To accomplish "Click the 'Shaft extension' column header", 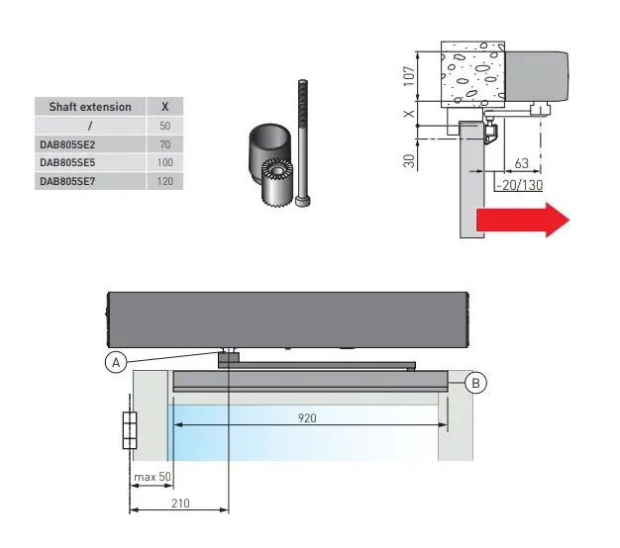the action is pyautogui.click(x=90, y=107).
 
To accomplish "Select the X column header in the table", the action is pyautogui.click(x=164, y=107).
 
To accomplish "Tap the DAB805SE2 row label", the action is pyautogui.click(x=67, y=144).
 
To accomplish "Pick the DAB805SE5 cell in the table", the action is pyautogui.click(x=67, y=162).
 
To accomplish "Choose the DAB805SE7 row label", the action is pyautogui.click(x=67, y=181).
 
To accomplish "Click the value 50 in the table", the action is pyautogui.click(x=164, y=126).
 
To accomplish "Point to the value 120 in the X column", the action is pyautogui.click(x=164, y=181).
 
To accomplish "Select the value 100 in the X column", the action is pyautogui.click(x=164, y=162).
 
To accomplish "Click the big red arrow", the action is pyautogui.click(x=523, y=220).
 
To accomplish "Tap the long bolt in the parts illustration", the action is pyautogui.click(x=302, y=142).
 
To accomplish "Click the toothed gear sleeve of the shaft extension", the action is pyautogui.click(x=277, y=182).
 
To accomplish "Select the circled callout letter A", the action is pyautogui.click(x=116, y=362).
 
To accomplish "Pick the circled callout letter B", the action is pyautogui.click(x=475, y=383).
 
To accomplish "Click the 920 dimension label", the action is pyautogui.click(x=307, y=418).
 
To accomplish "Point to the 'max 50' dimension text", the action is pyautogui.click(x=153, y=477).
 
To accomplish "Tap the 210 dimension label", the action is pyautogui.click(x=180, y=503).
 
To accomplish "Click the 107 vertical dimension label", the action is pyautogui.click(x=409, y=76).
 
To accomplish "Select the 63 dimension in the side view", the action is pyautogui.click(x=522, y=163).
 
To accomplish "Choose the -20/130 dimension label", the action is pyautogui.click(x=520, y=185).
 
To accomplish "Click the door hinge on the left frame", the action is pyautogui.click(x=130, y=430).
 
